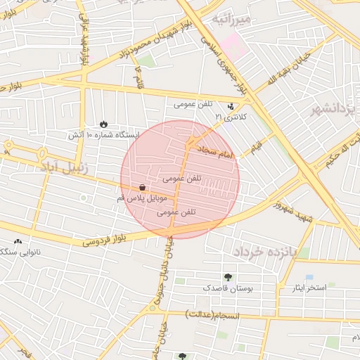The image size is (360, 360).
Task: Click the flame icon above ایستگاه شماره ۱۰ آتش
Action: pos(104,124)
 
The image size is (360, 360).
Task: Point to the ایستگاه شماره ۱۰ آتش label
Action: pos(104,134)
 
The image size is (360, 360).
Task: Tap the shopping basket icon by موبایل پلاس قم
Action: pos(143,188)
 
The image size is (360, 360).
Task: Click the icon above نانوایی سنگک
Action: pos(17,242)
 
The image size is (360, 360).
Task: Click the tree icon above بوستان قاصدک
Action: pos(228,277)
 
